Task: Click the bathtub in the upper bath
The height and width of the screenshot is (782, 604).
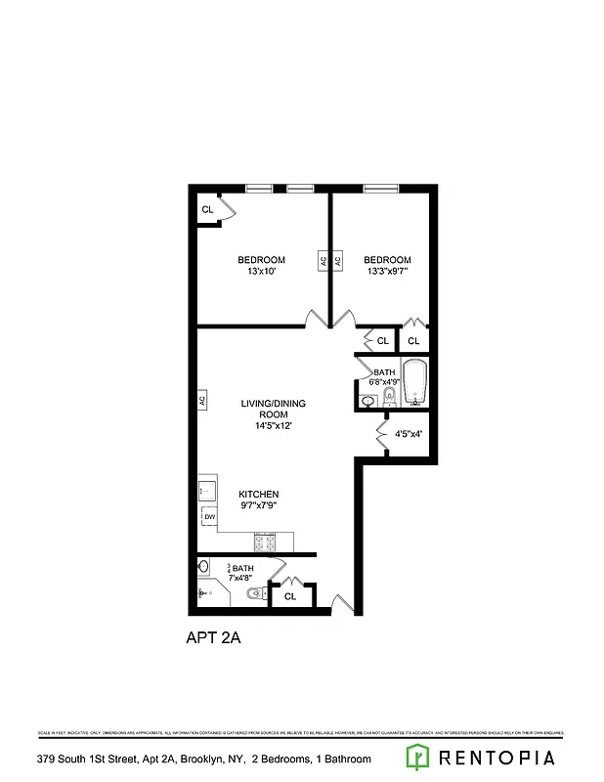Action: (x=414, y=383)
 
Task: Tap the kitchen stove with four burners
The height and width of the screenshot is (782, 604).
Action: (x=265, y=540)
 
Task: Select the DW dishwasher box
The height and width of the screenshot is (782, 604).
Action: (x=209, y=516)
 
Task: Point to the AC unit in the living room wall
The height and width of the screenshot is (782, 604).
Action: (x=202, y=401)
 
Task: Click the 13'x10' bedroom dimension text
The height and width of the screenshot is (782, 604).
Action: (x=262, y=272)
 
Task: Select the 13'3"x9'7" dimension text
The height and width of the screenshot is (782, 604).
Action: (x=387, y=272)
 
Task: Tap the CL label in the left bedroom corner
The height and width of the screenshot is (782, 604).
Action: (x=207, y=210)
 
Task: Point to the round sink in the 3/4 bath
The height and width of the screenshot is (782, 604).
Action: (x=204, y=567)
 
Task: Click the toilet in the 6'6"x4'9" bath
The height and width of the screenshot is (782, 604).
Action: (x=389, y=396)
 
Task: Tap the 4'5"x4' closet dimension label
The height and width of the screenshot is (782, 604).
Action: (x=409, y=433)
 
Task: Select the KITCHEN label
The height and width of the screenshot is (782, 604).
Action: (x=259, y=495)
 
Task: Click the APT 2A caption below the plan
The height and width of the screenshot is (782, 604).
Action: (x=213, y=638)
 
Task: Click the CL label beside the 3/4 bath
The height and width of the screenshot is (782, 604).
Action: (x=290, y=596)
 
